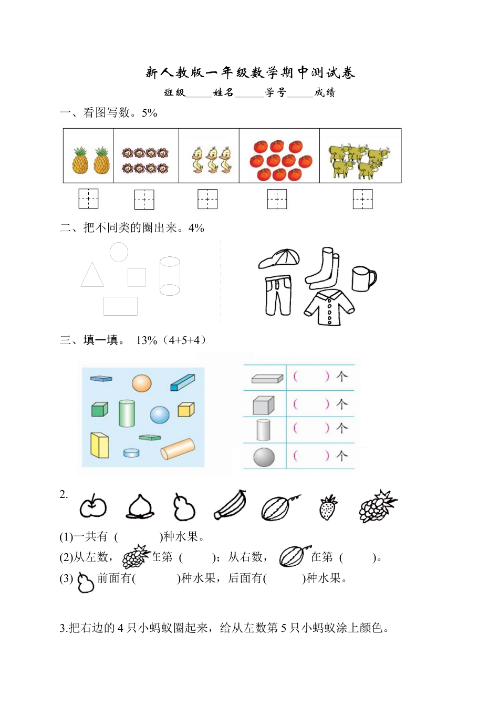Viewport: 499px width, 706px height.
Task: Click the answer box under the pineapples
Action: (x=89, y=199)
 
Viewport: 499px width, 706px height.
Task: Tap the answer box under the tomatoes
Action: (x=277, y=199)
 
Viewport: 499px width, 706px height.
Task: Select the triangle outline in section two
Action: (x=92, y=276)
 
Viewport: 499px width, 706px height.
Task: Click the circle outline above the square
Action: (x=119, y=252)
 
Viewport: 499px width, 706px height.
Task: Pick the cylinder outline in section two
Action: (x=170, y=276)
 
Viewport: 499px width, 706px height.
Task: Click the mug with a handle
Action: (x=363, y=278)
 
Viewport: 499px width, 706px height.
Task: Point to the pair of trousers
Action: (x=277, y=295)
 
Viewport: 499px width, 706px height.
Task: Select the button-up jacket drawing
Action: (x=329, y=308)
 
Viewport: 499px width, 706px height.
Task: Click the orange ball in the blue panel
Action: (x=141, y=383)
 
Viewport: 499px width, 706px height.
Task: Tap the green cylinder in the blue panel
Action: (x=127, y=413)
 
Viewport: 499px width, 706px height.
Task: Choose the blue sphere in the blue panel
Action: (x=160, y=415)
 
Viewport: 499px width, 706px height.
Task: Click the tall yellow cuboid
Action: (x=99, y=445)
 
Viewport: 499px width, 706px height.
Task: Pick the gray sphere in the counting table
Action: (x=264, y=457)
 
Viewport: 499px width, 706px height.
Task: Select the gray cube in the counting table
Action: (x=263, y=406)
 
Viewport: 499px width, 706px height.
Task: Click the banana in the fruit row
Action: (x=231, y=506)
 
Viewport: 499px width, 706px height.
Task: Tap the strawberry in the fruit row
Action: (x=328, y=508)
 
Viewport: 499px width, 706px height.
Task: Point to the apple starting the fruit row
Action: (x=93, y=507)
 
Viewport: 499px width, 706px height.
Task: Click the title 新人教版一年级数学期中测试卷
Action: (x=250, y=72)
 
